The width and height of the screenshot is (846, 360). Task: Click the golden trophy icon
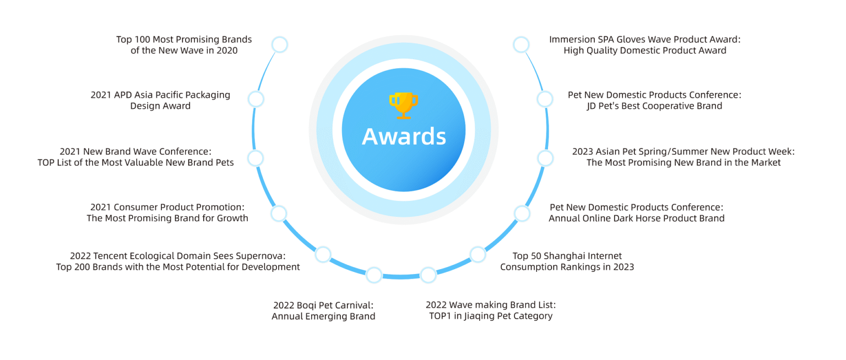(403, 106)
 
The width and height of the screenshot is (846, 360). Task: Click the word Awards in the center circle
(404, 136)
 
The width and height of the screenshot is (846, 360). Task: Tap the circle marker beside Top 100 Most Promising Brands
(279, 45)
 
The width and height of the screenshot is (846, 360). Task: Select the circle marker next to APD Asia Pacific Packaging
(256, 99)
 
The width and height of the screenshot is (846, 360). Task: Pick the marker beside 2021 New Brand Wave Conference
(256, 159)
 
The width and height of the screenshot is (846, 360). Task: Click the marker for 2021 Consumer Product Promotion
(279, 214)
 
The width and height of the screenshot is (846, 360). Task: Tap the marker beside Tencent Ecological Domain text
(323, 254)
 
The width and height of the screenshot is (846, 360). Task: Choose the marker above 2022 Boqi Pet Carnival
(374, 275)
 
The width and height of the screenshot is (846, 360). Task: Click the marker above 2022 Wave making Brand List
(429, 275)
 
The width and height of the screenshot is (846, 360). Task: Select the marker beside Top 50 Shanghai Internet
(478, 254)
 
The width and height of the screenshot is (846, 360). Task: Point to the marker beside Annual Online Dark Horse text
(522, 214)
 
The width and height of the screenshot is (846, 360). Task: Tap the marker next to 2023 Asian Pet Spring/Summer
(545, 159)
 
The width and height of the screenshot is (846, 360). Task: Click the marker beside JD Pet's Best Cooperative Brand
(545, 99)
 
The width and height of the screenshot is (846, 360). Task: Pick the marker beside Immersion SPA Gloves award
(521, 45)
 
